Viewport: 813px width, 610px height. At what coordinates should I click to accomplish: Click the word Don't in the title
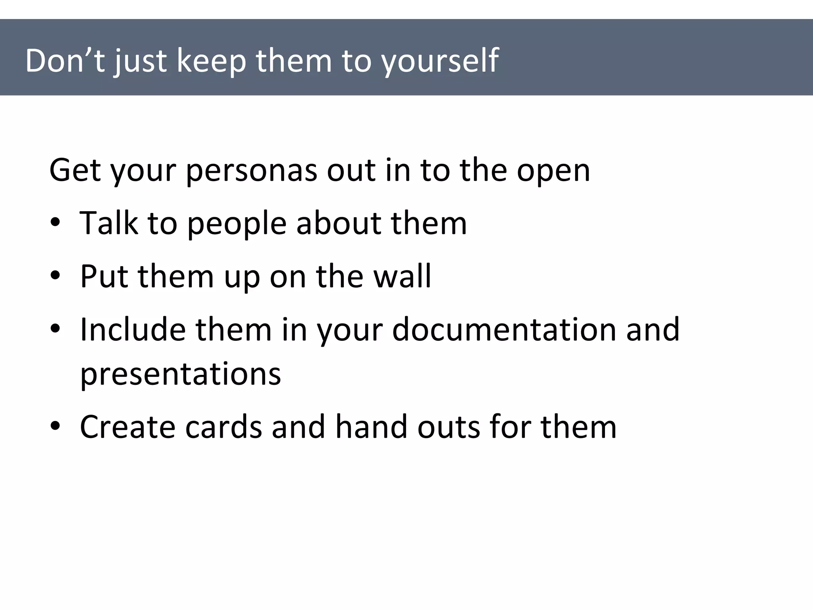pos(65,61)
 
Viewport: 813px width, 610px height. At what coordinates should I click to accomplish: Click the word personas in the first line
pos(251,171)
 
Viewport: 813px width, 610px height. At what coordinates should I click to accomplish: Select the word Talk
pos(109,223)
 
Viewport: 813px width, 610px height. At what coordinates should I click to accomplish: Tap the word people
pos(237,224)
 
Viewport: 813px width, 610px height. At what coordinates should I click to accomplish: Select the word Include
pos(133,329)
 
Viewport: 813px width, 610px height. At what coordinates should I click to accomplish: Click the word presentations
pos(181,374)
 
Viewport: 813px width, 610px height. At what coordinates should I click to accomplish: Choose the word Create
pos(127,427)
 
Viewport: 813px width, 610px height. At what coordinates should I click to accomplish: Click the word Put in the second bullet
pos(104,276)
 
